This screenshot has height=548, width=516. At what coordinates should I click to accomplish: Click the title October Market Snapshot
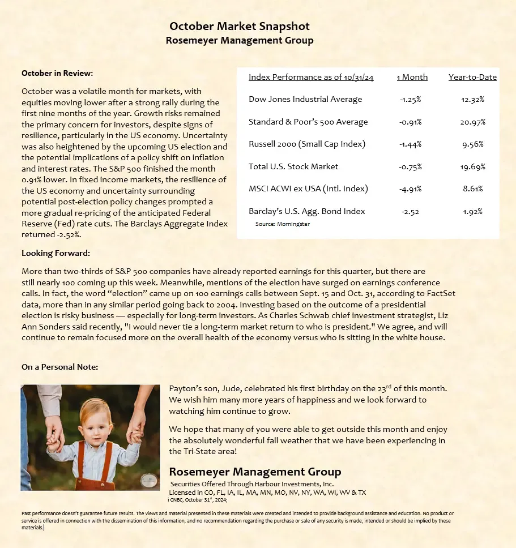240,27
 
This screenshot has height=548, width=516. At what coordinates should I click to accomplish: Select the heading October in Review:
57,73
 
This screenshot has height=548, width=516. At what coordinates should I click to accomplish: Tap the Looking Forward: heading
56,253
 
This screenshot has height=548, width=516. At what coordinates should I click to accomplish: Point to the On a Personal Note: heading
59,367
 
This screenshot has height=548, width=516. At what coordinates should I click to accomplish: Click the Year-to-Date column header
472,77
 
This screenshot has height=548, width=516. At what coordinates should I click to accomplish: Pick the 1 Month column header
412,77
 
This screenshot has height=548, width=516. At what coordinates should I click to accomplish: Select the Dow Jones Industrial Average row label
305,99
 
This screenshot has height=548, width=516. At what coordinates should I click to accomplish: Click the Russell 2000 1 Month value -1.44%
411,144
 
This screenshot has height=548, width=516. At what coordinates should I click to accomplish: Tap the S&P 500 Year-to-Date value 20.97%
474,122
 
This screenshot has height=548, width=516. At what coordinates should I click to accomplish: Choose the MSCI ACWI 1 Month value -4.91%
411,189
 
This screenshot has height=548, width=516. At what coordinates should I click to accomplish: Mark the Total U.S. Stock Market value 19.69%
474,166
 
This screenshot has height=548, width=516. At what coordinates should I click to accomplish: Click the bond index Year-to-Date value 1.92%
472,211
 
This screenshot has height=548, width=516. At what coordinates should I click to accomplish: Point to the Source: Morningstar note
283,224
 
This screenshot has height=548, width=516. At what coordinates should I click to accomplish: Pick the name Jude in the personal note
233,388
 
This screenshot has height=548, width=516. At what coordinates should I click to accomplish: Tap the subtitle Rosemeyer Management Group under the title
240,41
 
